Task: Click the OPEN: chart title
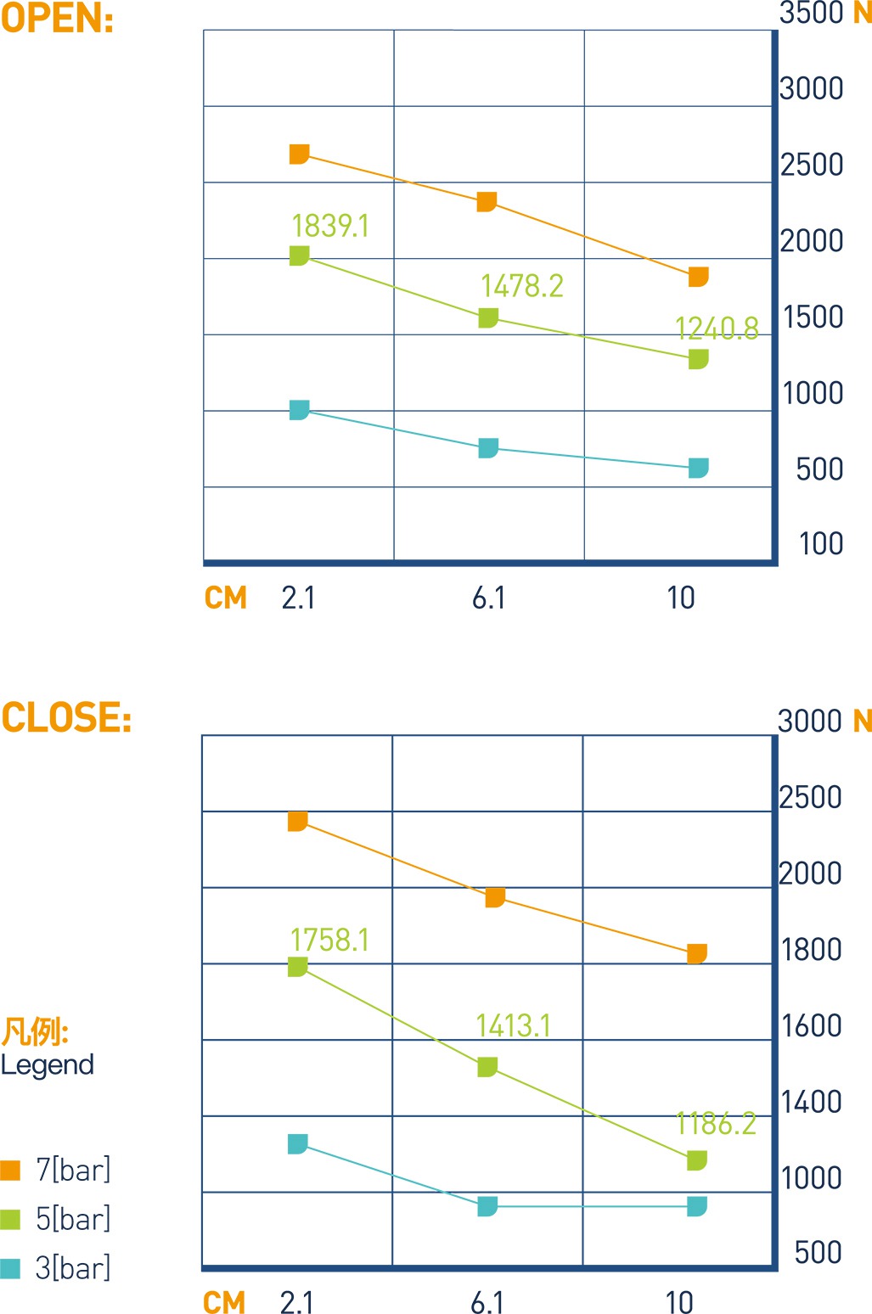(x=57, y=19)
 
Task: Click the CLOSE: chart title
(x=66, y=717)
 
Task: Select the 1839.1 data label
(x=330, y=226)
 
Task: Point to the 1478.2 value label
(x=521, y=286)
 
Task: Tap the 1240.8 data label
(x=717, y=328)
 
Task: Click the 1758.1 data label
(x=329, y=941)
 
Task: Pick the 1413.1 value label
(x=513, y=1025)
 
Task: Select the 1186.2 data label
(x=716, y=1124)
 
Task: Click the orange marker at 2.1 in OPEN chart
(x=299, y=154)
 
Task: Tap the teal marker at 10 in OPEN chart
(x=698, y=468)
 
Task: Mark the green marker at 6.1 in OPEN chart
(x=488, y=317)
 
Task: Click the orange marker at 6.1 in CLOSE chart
(x=495, y=897)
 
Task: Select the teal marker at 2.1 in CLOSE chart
(x=297, y=1144)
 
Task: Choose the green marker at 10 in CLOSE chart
(x=696, y=1160)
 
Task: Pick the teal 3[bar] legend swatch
(x=10, y=1268)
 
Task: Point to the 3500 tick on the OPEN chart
(x=811, y=13)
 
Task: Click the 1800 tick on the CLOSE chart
(x=811, y=949)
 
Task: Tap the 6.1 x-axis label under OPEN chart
(x=488, y=598)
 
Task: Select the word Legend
(x=48, y=1064)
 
